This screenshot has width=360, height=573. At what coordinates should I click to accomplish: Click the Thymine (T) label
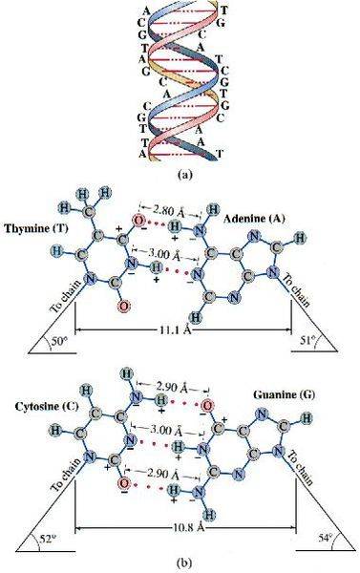pos(36,229)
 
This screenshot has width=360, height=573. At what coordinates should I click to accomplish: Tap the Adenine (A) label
pos(254,219)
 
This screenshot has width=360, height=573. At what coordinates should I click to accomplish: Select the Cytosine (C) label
pos(47,407)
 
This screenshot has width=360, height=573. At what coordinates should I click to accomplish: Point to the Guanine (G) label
pos(284,394)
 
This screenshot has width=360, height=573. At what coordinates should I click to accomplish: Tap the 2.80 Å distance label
pos(169,210)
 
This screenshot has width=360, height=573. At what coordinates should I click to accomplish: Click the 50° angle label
pos(59,343)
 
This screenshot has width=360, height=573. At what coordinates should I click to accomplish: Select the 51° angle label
pos(307,341)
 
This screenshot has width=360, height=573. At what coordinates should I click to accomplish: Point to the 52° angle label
pos(45,538)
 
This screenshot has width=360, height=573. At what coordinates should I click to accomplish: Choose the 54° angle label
pos(326,537)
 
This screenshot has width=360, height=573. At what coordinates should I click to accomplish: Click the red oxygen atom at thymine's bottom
pos(124,306)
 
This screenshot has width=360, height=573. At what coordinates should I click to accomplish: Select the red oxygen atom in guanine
pos(207,405)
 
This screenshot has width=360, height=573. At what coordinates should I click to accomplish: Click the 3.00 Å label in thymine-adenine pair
pos(163,253)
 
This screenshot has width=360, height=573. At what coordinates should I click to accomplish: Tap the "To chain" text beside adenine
pos(299,290)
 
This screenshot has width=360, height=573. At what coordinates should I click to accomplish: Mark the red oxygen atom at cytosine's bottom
pos(124,484)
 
